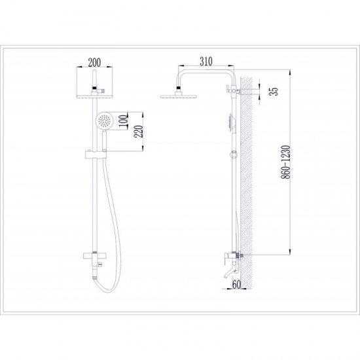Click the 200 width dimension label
click(94, 62)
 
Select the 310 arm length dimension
click(206, 62)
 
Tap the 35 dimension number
click(274, 91)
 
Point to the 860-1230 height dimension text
click(286, 162)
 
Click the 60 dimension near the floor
click(236, 285)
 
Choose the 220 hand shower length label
click(139, 132)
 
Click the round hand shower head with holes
click(104, 120)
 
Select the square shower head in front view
click(94, 96)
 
